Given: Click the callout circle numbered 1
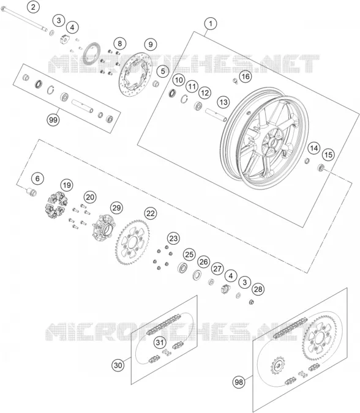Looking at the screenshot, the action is (211, 24).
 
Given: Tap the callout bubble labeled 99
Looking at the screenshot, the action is (53, 120).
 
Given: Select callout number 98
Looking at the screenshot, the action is (239, 381).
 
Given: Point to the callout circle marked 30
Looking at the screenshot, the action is (118, 365).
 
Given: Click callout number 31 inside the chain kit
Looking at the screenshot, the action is (160, 343).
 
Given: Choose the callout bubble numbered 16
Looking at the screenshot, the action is (246, 76).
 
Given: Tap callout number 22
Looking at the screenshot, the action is (151, 213).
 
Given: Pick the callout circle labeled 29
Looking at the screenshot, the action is (116, 208).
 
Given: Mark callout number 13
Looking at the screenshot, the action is (223, 102).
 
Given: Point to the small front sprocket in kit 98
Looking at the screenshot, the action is (277, 365).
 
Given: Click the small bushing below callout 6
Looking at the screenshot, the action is (31, 192).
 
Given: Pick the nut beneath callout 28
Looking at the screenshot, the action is (252, 302).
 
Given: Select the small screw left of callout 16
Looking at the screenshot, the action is (235, 81).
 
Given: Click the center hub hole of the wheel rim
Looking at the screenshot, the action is (272, 144).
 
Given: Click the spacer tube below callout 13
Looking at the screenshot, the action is (216, 115).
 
